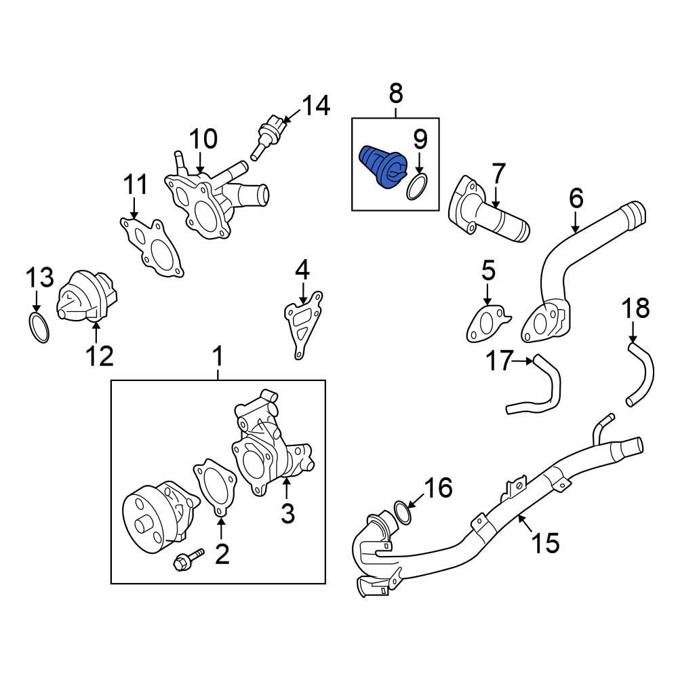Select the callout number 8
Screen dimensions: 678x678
pyautogui.click(x=395, y=93)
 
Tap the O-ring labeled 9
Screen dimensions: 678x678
pyautogui.click(x=418, y=186)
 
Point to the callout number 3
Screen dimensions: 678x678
pyautogui.click(x=287, y=513)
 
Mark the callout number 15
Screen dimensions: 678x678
pyautogui.click(x=545, y=542)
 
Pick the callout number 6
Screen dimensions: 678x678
pyautogui.click(x=576, y=198)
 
